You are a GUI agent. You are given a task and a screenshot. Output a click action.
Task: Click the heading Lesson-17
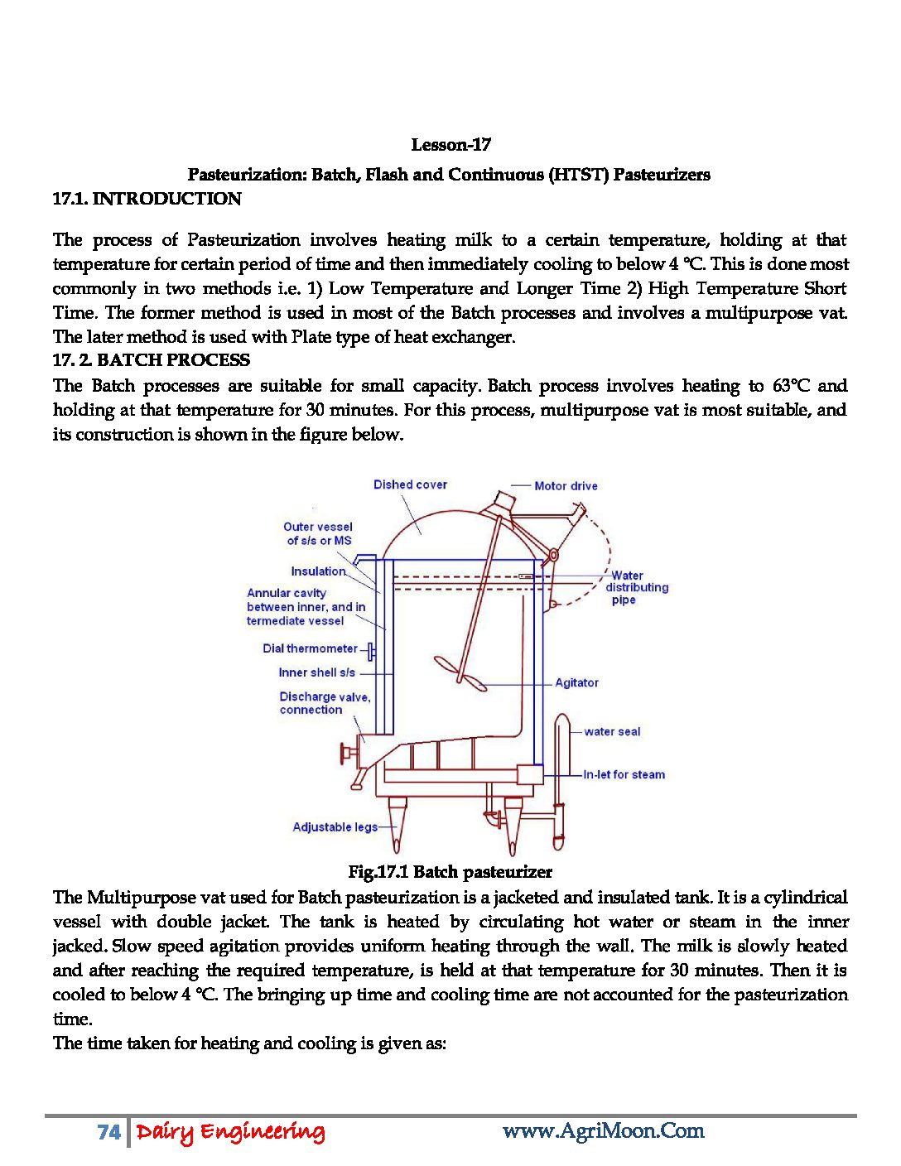tap(450, 145)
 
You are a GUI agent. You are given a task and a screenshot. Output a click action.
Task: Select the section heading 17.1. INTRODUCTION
tap(147, 199)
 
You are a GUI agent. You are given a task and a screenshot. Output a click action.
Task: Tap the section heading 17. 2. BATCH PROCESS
tap(152, 360)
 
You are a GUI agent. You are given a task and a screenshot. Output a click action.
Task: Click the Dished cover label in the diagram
tap(410, 484)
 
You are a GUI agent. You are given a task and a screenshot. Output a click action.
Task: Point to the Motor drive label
tap(566, 486)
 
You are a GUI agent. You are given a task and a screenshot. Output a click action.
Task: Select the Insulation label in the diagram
tap(318, 571)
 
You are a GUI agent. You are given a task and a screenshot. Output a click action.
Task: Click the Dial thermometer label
tap(310, 648)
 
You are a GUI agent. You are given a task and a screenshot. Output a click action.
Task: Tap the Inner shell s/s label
tap(316, 672)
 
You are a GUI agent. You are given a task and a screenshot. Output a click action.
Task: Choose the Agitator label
tap(576, 683)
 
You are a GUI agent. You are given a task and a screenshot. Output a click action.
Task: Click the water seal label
tap(612, 731)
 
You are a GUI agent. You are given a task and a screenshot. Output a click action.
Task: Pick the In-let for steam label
tap(624, 775)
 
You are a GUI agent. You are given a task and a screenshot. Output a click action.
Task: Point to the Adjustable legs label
tap(335, 826)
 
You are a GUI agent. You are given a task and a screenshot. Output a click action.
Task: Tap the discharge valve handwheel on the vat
tap(345, 754)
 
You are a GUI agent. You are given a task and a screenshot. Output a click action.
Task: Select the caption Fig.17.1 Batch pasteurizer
tap(450, 872)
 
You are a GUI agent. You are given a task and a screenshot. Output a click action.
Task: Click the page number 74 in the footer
tap(108, 1132)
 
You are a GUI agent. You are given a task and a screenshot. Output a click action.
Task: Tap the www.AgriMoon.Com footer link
tap(603, 1131)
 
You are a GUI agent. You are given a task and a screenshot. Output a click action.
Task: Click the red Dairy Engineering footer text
tap(230, 1132)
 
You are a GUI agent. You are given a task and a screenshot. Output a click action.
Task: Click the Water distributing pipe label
tap(636, 587)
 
